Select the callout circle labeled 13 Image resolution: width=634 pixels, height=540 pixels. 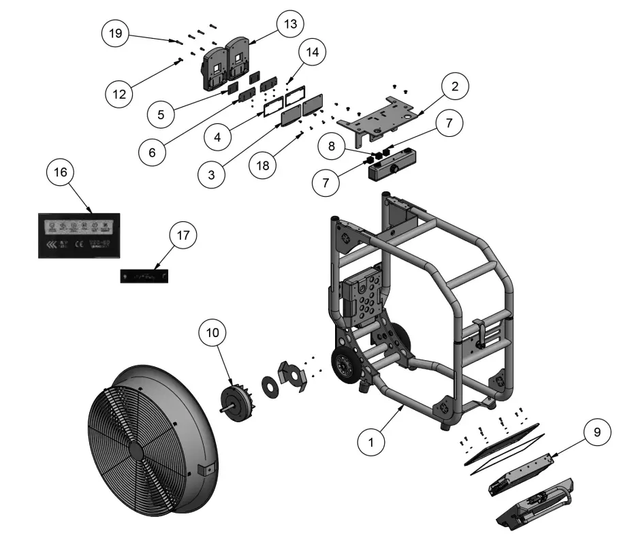291,25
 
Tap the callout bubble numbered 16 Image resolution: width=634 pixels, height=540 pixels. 61,172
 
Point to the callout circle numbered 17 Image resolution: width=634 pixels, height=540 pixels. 182,236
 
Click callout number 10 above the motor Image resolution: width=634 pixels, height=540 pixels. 213,332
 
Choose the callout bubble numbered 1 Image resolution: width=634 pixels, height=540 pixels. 372,441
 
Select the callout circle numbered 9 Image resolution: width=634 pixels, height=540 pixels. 597,432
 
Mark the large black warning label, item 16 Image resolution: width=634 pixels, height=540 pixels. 79,235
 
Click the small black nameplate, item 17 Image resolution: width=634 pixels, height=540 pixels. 144,276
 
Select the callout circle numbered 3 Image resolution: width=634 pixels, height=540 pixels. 212,173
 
